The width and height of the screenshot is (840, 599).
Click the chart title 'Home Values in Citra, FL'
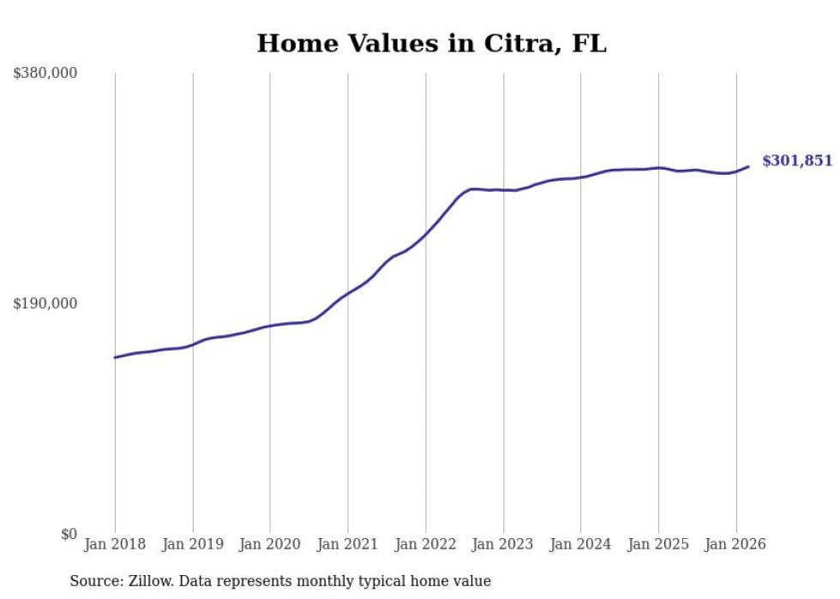point(431,43)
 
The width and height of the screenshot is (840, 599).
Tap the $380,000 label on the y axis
point(45,74)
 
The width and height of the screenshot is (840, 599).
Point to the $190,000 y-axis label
point(45,303)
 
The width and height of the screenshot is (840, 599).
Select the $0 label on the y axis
point(69,534)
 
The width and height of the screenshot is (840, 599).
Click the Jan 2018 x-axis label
point(115,544)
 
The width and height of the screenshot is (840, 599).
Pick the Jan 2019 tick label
point(193,544)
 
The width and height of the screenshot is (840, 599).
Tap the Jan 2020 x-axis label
point(270,544)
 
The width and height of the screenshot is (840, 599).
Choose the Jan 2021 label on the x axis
point(348,544)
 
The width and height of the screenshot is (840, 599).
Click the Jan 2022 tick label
point(425,544)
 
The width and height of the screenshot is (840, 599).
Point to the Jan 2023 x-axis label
point(503,544)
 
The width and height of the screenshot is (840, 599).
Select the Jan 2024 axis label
point(580,544)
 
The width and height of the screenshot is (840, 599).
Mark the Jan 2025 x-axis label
point(658,544)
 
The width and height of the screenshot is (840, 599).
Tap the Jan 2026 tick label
point(735,544)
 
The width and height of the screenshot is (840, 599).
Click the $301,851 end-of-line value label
point(797,161)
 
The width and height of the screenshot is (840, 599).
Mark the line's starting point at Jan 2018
point(115,357)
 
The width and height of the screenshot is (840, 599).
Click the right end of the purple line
point(748,166)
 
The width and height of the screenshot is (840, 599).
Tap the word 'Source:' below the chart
point(94,581)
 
